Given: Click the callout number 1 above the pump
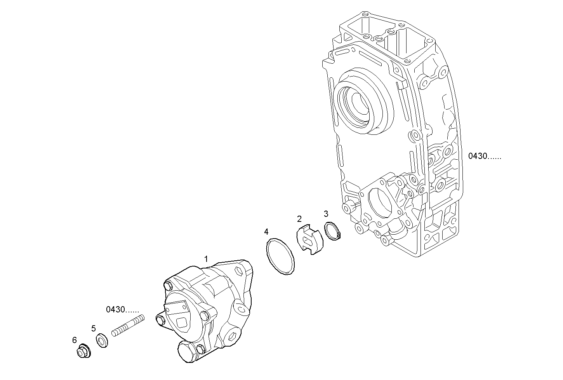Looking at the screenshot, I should pos(206,259).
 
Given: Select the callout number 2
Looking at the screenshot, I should pos(299,219).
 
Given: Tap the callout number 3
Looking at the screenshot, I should pos(326,213).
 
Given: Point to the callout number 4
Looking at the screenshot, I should pos(266,232).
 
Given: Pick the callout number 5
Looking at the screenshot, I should pos(94,328).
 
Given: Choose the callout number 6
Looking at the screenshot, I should pos(75,340).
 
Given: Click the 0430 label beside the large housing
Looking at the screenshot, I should pos(485,156).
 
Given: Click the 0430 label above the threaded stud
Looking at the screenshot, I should pos(122,309).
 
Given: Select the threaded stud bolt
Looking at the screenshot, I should pos(128,326).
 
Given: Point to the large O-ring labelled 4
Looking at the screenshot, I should pos(280,257).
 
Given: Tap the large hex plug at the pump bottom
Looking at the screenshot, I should pos(187,352).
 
